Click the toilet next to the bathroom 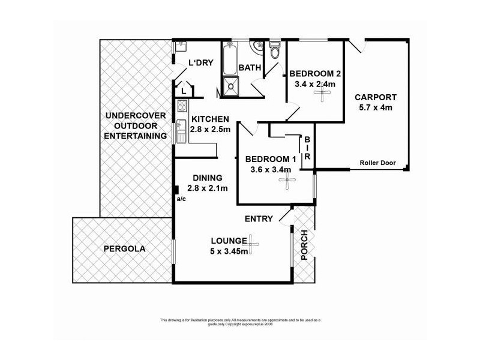(x=275, y=49)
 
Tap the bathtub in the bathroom (x=230, y=59)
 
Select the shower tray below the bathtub (x=230, y=86)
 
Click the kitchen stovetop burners (x=182, y=106)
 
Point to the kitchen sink (x=181, y=131)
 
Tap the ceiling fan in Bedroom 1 (x=287, y=181)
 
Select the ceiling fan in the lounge (x=251, y=244)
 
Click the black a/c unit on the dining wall (x=176, y=190)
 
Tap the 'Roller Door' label (x=377, y=163)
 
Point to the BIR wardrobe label (x=307, y=148)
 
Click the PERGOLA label (x=124, y=248)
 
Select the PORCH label (x=304, y=245)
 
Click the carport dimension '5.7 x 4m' (x=376, y=108)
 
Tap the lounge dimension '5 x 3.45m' (x=229, y=251)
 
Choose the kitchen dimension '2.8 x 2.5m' (x=211, y=129)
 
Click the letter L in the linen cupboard (x=184, y=91)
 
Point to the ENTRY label (x=259, y=219)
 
